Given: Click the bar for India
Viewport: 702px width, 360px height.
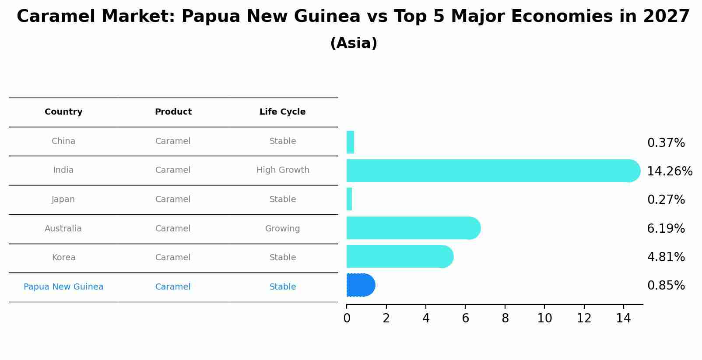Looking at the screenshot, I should (x=490, y=171).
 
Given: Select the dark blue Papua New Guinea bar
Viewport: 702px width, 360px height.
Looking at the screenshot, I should (x=360, y=285).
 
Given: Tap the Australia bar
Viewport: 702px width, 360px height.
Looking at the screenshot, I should (x=411, y=228).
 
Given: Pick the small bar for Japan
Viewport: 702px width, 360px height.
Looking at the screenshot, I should (x=349, y=199).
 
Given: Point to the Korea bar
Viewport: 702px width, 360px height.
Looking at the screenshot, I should (x=398, y=256).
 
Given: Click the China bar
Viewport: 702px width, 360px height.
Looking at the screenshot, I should (x=350, y=142).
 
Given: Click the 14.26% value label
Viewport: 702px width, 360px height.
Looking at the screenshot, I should (x=670, y=171).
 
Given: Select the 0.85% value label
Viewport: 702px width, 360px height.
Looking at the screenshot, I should (x=666, y=286).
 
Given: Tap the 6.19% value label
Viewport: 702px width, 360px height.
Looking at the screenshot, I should (x=666, y=229).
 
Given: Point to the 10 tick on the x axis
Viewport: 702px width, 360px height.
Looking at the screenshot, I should (x=544, y=318).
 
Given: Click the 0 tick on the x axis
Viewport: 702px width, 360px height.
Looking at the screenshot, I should (x=347, y=318).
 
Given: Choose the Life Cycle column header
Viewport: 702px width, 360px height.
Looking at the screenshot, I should (x=282, y=112).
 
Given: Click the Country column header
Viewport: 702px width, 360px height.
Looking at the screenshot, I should (x=63, y=112).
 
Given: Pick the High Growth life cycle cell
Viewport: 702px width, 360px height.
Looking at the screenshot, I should (x=283, y=170).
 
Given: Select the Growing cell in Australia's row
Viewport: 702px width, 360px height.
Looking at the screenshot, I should (x=282, y=229).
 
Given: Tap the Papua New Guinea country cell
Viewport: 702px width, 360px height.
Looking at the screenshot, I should (x=63, y=287).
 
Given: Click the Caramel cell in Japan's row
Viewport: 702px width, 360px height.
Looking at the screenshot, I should (x=173, y=199).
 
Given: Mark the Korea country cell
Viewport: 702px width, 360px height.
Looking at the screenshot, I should (x=64, y=258).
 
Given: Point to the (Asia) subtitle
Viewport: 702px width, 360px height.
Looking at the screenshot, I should (x=354, y=43).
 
